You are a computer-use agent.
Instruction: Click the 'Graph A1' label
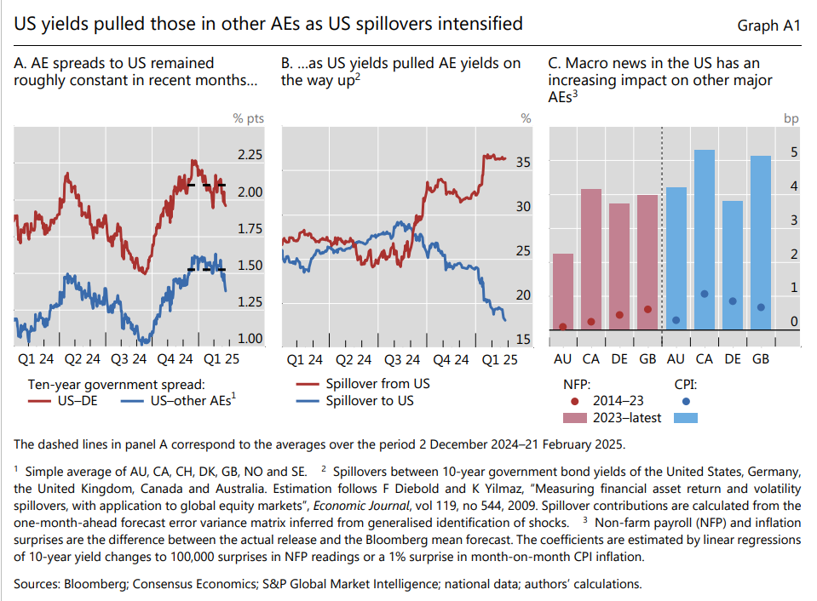pyautogui.click(x=768, y=26)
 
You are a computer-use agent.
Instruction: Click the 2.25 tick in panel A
pyautogui.click(x=250, y=155)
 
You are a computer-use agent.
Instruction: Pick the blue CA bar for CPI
pyautogui.click(x=704, y=239)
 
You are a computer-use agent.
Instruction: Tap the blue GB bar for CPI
pyautogui.click(x=761, y=243)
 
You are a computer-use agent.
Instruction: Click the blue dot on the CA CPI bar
pyautogui.click(x=704, y=294)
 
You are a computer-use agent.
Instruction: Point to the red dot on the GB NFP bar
pyautogui.click(x=647, y=309)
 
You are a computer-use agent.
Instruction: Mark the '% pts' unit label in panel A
pyautogui.click(x=249, y=118)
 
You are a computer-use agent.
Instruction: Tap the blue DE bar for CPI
pyautogui.click(x=732, y=265)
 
